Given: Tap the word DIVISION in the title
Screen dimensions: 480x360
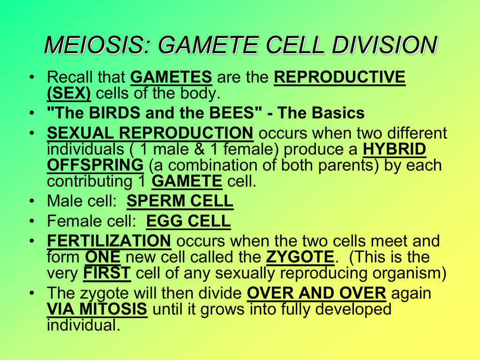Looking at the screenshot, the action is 385,45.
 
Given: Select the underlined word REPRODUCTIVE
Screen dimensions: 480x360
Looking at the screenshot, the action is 339,77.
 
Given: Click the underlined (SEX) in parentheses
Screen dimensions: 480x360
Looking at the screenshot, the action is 69,93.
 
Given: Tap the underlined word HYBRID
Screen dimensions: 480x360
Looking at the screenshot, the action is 394,149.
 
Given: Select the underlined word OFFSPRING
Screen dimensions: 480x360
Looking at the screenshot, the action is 95,165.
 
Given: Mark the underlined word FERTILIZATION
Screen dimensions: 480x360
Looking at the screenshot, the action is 109,241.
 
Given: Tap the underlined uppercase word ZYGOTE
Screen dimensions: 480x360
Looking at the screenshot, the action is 300,257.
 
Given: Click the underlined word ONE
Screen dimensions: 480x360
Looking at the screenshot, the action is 103,257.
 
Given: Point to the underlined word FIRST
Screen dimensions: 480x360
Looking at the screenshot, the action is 107,273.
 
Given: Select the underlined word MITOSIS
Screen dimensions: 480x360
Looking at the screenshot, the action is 113,309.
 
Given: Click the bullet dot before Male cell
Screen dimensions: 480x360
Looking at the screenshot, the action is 32,201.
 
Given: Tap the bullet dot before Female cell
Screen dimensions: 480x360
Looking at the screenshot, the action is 32,221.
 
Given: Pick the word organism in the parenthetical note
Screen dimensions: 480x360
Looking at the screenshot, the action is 409,273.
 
